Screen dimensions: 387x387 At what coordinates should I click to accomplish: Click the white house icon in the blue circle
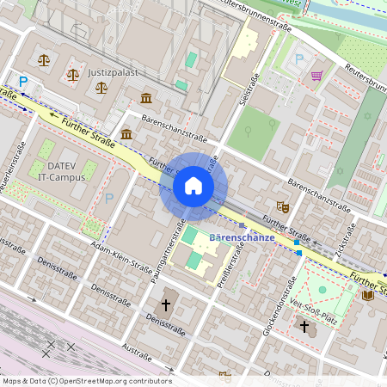click(x=193, y=186)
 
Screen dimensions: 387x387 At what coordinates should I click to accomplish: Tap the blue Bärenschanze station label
click(x=242, y=236)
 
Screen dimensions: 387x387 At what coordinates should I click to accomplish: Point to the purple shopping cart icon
click(x=316, y=75)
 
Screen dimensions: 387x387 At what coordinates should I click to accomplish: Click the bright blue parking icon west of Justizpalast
click(x=23, y=81)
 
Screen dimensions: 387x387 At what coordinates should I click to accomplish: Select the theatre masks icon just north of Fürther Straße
click(x=281, y=206)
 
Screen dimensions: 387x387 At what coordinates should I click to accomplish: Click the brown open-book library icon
click(x=368, y=295)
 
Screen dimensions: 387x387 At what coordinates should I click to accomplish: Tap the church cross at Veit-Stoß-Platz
click(x=304, y=326)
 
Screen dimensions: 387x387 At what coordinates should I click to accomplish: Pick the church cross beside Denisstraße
click(x=167, y=304)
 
